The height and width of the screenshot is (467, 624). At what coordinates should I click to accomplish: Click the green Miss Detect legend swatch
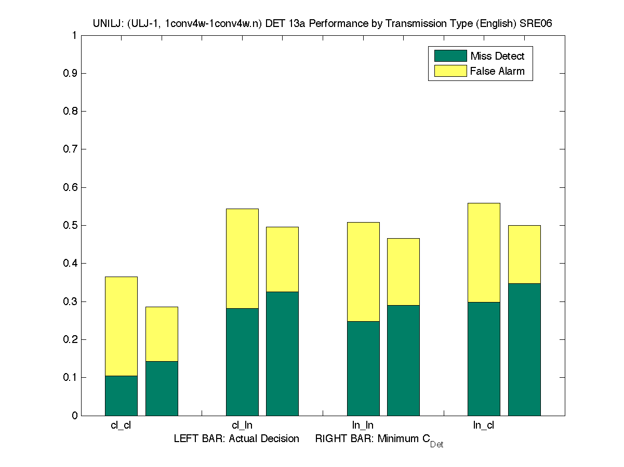(x=450, y=56)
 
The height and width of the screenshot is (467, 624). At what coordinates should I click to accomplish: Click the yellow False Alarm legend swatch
(x=450, y=71)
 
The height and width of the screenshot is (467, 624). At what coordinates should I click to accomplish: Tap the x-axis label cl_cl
(x=121, y=425)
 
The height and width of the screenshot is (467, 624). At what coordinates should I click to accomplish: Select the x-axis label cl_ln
(x=242, y=425)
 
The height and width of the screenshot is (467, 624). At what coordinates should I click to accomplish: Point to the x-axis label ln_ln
(x=363, y=425)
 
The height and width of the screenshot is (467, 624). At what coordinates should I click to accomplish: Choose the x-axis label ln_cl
(x=484, y=425)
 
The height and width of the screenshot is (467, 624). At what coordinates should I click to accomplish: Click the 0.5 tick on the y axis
(x=71, y=225)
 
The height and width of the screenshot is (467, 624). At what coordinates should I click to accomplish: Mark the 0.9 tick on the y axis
(x=71, y=73)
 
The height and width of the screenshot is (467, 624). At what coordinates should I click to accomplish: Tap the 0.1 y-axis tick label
(x=71, y=378)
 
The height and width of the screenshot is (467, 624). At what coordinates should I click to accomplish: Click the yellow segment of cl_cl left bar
(x=121, y=326)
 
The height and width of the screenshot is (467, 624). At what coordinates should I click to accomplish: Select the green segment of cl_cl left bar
(x=121, y=395)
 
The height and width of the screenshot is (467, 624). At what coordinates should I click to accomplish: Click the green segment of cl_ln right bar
(x=282, y=353)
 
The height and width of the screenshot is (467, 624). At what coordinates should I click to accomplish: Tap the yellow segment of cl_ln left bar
(x=242, y=258)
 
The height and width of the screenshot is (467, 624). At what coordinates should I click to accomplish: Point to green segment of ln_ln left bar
(x=363, y=368)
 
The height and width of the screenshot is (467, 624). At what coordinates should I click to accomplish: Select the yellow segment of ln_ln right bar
(x=403, y=271)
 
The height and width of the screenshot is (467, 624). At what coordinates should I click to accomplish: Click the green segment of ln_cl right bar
(x=524, y=349)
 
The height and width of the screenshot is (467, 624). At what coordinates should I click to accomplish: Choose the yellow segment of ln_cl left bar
(x=484, y=252)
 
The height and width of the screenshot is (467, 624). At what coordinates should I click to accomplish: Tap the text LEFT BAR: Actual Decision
(x=236, y=439)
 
